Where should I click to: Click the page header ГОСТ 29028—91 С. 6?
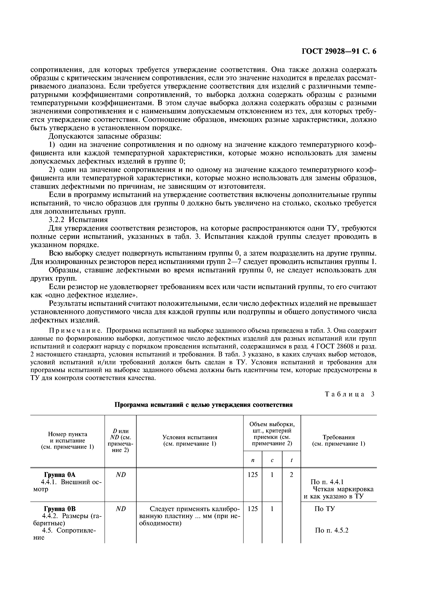(339, 51)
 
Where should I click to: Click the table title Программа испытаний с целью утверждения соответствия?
(204, 405)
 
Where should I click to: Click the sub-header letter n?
(253, 460)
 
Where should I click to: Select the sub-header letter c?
(272, 460)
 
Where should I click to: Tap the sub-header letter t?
(291, 460)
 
